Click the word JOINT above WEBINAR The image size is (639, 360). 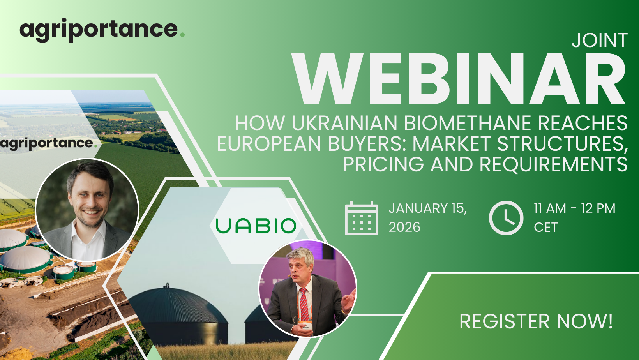pos(600,40)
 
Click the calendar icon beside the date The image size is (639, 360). pos(362,218)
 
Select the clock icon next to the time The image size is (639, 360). pos(506,218)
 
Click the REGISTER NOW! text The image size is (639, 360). pos(536,321)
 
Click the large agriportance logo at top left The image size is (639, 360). pos(102,30)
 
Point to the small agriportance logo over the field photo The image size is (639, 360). pos(48,143)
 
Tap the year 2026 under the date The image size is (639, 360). pos(404,228)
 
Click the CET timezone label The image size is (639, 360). pos(545,228)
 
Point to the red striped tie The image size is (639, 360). pos(304,305)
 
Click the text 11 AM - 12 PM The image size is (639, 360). pos(575,208)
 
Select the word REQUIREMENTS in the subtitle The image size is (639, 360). pos(553,164)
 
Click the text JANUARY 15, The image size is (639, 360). pos(428,208)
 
